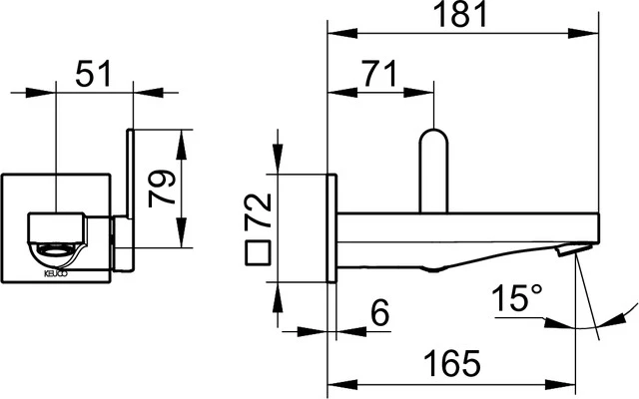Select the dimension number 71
coord(377,74)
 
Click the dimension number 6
coord(378,313)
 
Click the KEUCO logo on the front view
coord(52,270)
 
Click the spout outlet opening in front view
coord(57,248)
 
